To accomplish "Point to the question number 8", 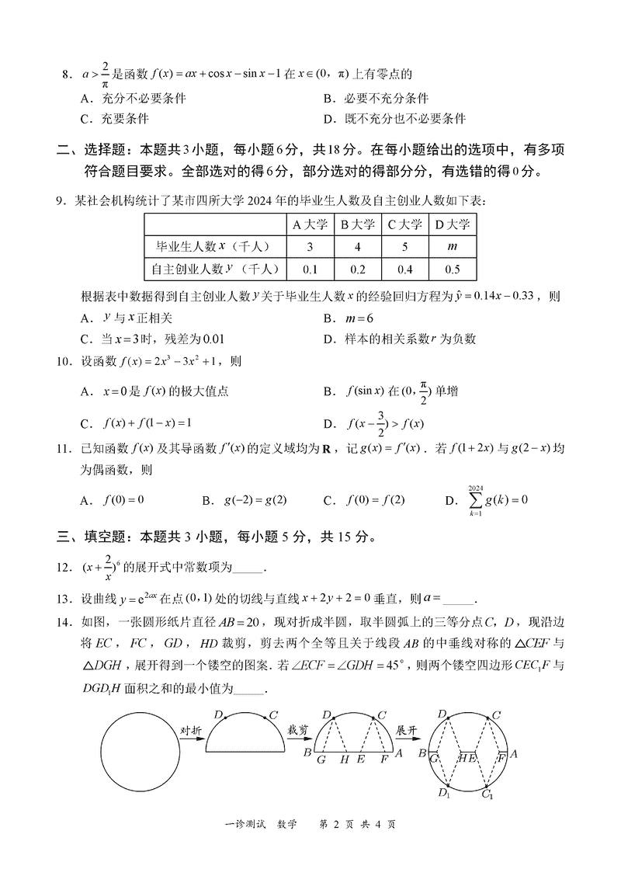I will click(x=66, y=75).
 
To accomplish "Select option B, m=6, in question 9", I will click(x=349, y=318).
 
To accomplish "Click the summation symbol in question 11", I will click(x=475, y=499).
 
